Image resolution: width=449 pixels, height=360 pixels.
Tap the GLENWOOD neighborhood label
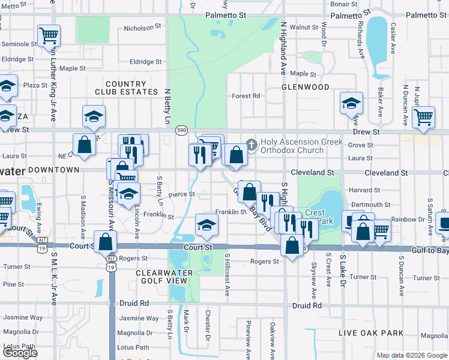point(306,87)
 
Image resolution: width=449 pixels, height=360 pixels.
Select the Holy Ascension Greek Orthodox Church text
point(301,146)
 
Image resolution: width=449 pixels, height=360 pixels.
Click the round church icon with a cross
point(252,143)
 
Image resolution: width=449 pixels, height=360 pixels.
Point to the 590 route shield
point(181,130)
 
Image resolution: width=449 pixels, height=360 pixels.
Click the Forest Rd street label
point(246,95)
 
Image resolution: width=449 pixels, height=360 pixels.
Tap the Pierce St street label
point(181,194)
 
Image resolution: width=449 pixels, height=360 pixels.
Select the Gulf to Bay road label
point(424,251)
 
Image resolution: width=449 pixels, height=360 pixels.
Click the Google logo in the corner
point(20,353)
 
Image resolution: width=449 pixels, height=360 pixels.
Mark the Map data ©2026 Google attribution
point(412,355)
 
